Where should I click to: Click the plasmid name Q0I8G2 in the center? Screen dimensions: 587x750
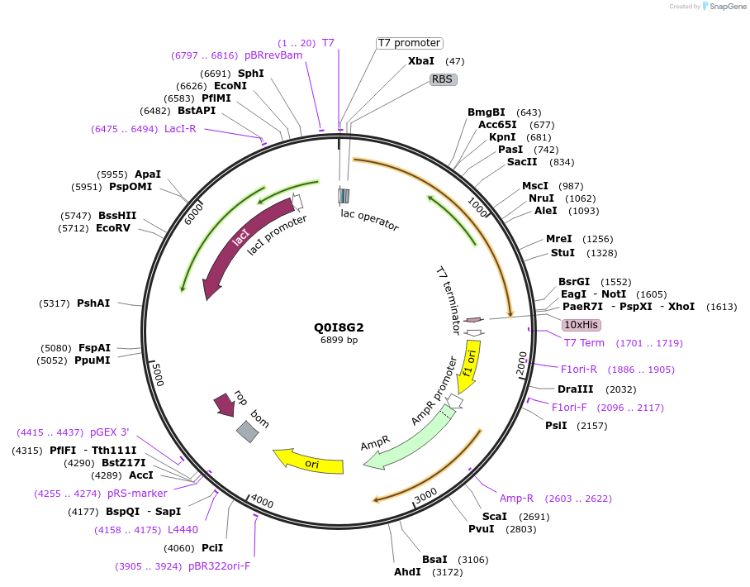339,327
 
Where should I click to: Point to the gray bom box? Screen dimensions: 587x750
246,431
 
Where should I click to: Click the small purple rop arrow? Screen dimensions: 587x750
224,404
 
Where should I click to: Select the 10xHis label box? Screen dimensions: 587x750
581,325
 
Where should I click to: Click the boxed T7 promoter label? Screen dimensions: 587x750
409,43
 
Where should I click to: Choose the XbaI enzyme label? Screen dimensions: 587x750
421,61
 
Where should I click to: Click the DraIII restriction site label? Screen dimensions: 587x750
574,389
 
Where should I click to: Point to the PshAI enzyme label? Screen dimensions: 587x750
93,303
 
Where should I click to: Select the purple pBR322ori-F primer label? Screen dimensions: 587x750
219,566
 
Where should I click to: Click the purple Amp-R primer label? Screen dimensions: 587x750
516,498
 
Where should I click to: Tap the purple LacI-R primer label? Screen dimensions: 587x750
180,128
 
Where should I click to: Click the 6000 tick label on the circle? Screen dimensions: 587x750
194,212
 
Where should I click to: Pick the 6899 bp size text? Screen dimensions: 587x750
339,340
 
